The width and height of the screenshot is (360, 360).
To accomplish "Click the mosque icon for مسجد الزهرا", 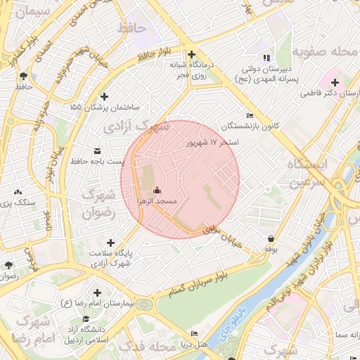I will pos(157,190).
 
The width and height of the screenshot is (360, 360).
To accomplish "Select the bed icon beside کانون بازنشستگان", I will pos(250,116).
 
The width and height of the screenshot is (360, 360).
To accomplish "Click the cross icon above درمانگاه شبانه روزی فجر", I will pos(191,54).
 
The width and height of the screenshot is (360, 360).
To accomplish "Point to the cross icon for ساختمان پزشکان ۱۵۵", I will pos(105,96).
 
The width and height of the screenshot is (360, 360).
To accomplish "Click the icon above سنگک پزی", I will pos(18,191).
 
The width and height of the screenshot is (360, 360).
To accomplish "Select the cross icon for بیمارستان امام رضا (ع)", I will pos(97,292).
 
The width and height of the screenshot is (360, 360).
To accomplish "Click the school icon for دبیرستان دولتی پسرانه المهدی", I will pos(265,58).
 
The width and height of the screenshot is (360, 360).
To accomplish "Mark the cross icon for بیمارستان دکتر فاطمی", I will pos(335,83).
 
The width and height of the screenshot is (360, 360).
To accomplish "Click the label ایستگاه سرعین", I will pos(307,172).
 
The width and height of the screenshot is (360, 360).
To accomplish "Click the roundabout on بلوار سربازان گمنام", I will pos(145,304).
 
